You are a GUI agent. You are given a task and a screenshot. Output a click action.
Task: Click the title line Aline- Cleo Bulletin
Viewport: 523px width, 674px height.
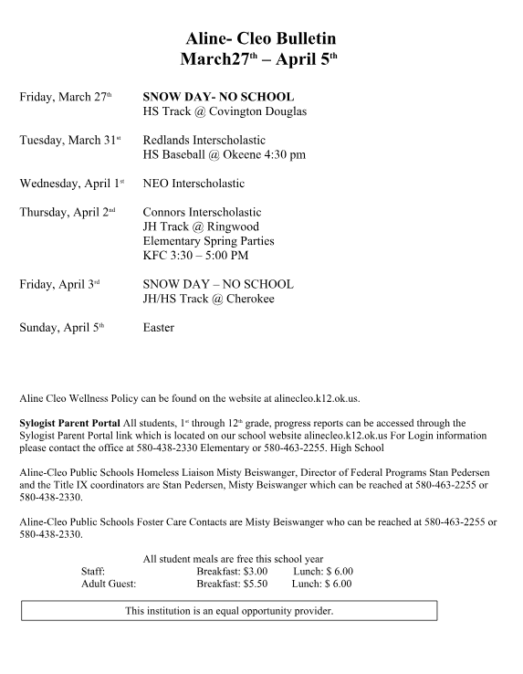coord(261,38)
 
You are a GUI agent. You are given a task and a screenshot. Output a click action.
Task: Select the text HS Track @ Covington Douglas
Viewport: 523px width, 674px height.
coord(225,111)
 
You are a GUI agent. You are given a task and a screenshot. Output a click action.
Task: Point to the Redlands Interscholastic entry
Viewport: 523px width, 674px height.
coord(204,140)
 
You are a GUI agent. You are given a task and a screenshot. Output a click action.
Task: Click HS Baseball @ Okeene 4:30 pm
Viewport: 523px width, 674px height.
coord(225,155)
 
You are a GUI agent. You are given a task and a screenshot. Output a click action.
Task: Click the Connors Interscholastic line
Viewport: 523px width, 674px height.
coord(202,212)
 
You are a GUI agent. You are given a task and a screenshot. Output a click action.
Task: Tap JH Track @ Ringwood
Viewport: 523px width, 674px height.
coord(201,226)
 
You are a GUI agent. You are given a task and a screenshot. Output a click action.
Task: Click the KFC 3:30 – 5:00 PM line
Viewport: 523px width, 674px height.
coord(195,256)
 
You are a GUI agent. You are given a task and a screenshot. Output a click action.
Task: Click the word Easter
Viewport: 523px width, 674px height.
coord(159,327)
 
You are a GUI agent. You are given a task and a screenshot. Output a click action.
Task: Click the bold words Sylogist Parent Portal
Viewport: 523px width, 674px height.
coord(69,423)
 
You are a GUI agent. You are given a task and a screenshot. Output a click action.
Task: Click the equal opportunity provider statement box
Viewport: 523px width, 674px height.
coord(229,610)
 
